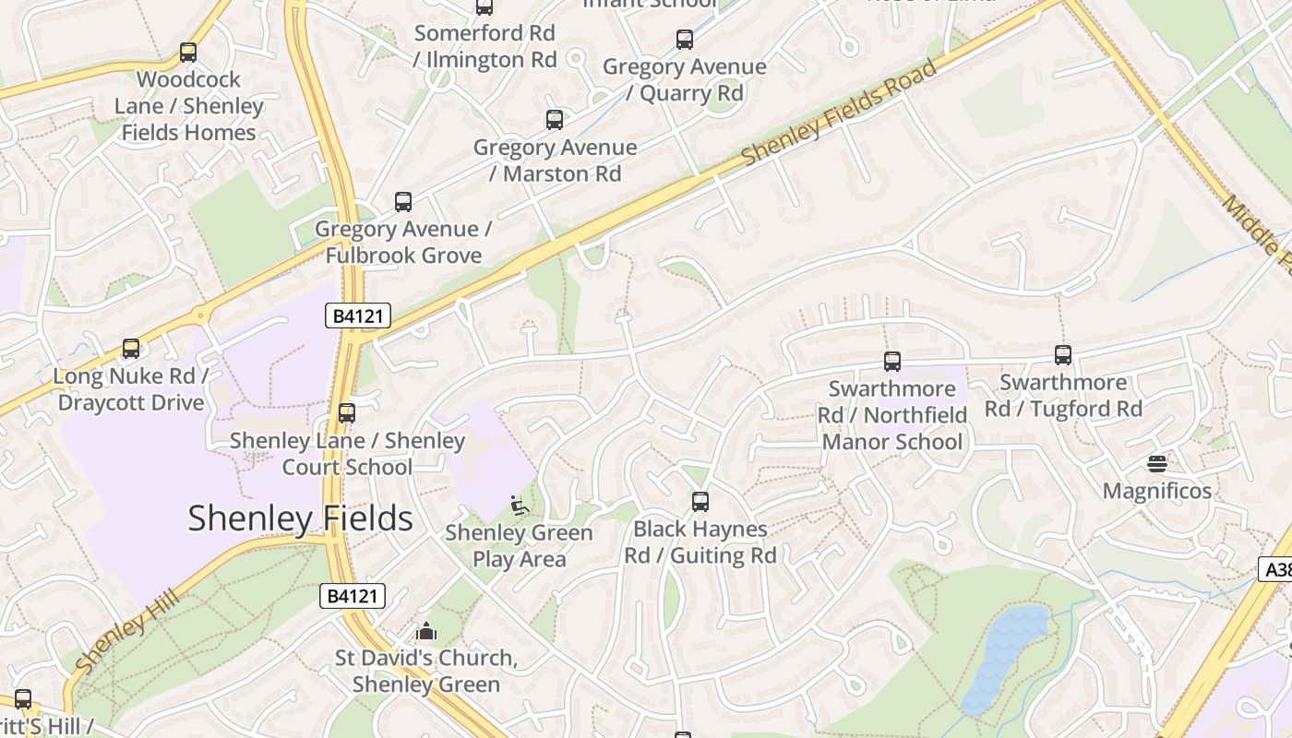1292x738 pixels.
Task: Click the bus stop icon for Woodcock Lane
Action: coord(188,53)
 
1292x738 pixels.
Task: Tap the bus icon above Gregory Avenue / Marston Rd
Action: coord(554,120)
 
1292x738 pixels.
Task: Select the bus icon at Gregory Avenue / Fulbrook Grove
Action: coord(402,202)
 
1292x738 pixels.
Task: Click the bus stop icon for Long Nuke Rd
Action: coord(131,349)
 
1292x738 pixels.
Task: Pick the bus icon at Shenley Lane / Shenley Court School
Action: coord(347,413)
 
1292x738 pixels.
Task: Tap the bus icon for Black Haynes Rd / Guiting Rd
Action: coord(700,502)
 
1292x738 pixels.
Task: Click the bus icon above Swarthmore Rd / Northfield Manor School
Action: coord(891,362)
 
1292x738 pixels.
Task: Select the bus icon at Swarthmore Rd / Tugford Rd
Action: coord(1062,355)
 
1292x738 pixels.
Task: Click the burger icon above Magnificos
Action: coord(1156,463)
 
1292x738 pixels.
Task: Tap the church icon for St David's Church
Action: coord(425,631)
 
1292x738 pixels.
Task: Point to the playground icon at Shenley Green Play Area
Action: coord(520,506)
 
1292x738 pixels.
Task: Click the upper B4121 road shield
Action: coord(358,316)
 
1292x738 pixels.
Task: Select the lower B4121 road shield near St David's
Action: coord(352,596)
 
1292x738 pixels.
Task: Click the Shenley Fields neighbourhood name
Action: coord(300,518)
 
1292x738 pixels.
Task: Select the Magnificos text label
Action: coord(1156,491)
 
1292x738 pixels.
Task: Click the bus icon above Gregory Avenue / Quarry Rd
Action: coord(684,40)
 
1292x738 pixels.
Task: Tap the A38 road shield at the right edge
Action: coord(1278,569)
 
